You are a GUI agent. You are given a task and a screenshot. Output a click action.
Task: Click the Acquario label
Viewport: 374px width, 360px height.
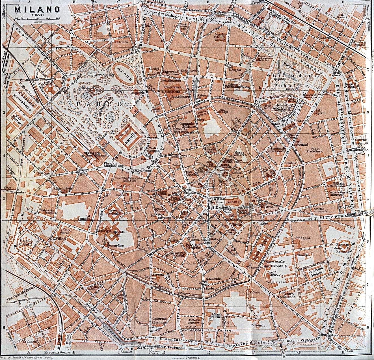140,93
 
